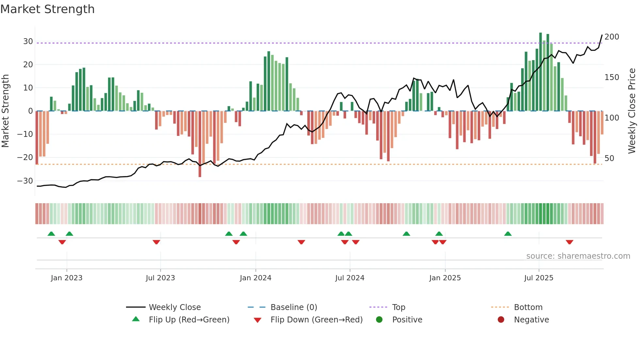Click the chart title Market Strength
click(x=48, y=9)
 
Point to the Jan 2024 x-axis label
click(x=255, y=278)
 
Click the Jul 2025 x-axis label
click(x=538, y=278)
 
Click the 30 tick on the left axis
click(x=28, y=41)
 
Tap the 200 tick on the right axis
click(x=612, y=37)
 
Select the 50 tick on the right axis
click(x=609, y=158)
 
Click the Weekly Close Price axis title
click(x=632, y=111)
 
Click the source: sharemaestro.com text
click(x=578, y=256)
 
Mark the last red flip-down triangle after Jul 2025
click(x=569, y=242)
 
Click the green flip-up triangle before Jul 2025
click(x=508, y=234)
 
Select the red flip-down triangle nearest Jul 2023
click(x=156, y=242)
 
